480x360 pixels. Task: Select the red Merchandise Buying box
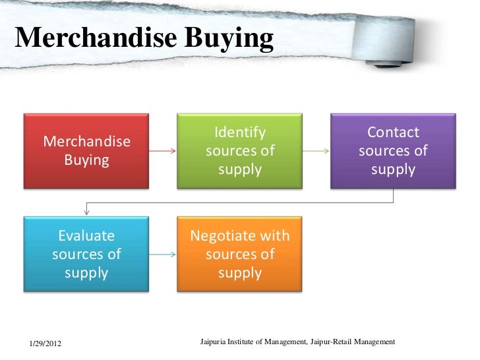click(x=86, y=151)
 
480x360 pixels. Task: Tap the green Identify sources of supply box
click(x=239, y=151)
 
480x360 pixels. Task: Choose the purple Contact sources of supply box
click(x=393, y=151)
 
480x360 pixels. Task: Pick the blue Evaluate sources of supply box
click(x=86, y=254)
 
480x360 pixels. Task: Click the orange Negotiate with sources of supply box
click(x=239, y=254)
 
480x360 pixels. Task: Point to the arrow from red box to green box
click(x=163, y=151)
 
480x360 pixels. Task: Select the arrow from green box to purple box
click(x=316, y=151)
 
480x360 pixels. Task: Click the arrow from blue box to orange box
click(x=163, y=255)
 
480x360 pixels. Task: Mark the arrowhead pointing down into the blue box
click(x=86, y=212)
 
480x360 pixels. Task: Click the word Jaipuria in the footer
click(x=214, y=342)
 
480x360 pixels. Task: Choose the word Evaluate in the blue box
click(x=86, y=236)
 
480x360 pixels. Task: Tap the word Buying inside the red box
click(x=86, y=160)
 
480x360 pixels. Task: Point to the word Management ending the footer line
click(x=374, y=342)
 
